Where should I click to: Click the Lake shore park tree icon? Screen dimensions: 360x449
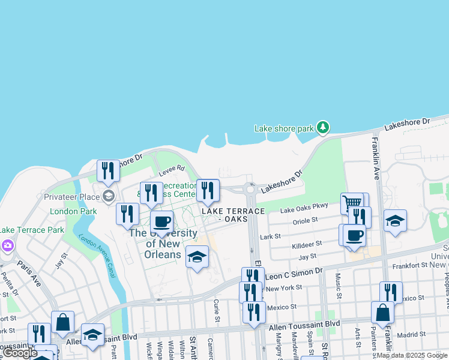tap(324, 127)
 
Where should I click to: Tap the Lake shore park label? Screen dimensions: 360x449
tap(284, 128)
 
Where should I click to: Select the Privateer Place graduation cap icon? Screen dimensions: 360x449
tap(108, 196)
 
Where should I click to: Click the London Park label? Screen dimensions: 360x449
tap(73, 211)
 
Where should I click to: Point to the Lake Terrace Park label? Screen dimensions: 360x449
tap(31, 230)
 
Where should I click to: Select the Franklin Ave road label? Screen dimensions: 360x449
tap(376, 158)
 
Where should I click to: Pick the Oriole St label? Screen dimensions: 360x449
tap(305, 221)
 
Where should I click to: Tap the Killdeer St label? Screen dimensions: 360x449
tap(307, 244)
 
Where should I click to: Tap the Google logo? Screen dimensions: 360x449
tap(20, 353)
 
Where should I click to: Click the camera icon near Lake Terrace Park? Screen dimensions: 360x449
tap(7, 245)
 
